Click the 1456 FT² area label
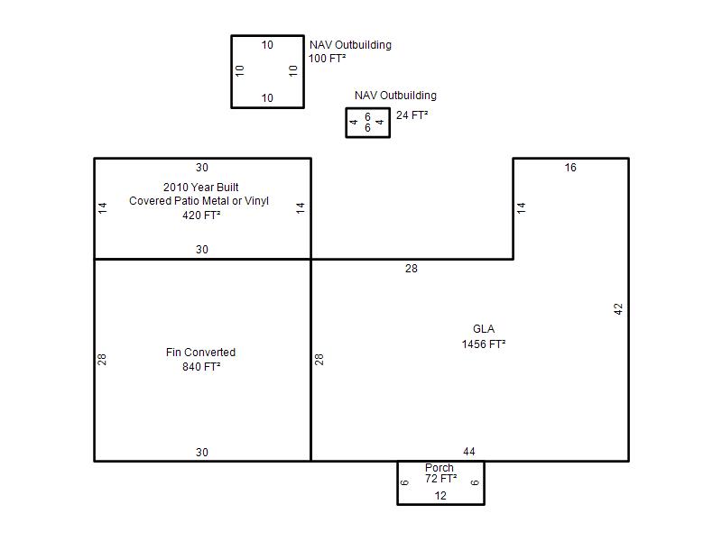(484, 344)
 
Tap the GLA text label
(484, 329)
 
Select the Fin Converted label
(200, 353)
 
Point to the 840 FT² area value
(201, 367)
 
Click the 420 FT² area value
(201, 215)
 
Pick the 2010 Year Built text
(200, 188)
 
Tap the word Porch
(440, 467)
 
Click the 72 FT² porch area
(441, 479)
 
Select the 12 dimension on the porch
(440, 496)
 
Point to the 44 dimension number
(469, 452)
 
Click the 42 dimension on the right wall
(618, 308)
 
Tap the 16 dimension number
(570, 168)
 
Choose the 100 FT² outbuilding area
(327, 59)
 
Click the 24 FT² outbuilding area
(412, 115)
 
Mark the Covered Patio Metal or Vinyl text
(199, 201)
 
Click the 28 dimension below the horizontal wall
(412, 268)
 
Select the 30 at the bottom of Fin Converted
(201, 453)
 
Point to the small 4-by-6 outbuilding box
(346, 123)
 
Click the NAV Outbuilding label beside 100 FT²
(350, 44)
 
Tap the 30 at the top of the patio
(201, 168)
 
